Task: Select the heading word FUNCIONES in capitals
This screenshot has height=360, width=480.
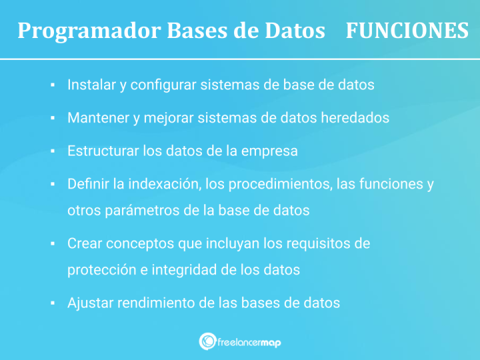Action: coord(407,31)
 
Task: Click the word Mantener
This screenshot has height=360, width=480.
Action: coord(97,118)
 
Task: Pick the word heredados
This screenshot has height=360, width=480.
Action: coord(355,118)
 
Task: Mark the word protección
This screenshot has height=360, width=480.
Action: coord(99,270)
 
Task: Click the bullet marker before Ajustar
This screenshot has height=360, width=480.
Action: coord(52,303)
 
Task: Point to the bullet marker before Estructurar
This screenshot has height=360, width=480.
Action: coord(52,151)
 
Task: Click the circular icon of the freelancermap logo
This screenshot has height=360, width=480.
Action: coord(207,341)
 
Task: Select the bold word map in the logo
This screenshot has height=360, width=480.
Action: coord(267,342)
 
